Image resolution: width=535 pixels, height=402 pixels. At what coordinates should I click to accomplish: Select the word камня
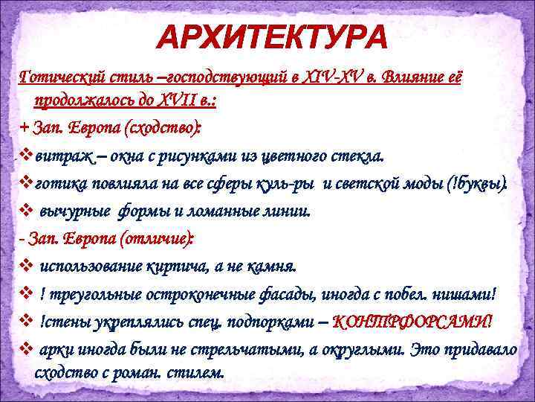pyautogui.click(x=272, y=266)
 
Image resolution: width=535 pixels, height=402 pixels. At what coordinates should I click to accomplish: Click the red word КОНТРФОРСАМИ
pyautogui.click(x=411, y=322)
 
